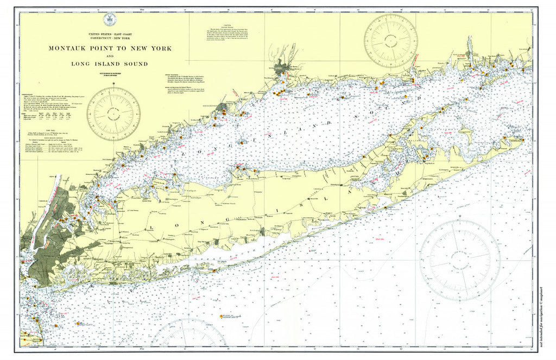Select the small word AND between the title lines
[110, 56]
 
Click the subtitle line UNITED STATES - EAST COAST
[110, 34]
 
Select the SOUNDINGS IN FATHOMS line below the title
[110, 71]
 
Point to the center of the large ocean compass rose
[459, 260]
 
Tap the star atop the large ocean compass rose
[460, 217]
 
